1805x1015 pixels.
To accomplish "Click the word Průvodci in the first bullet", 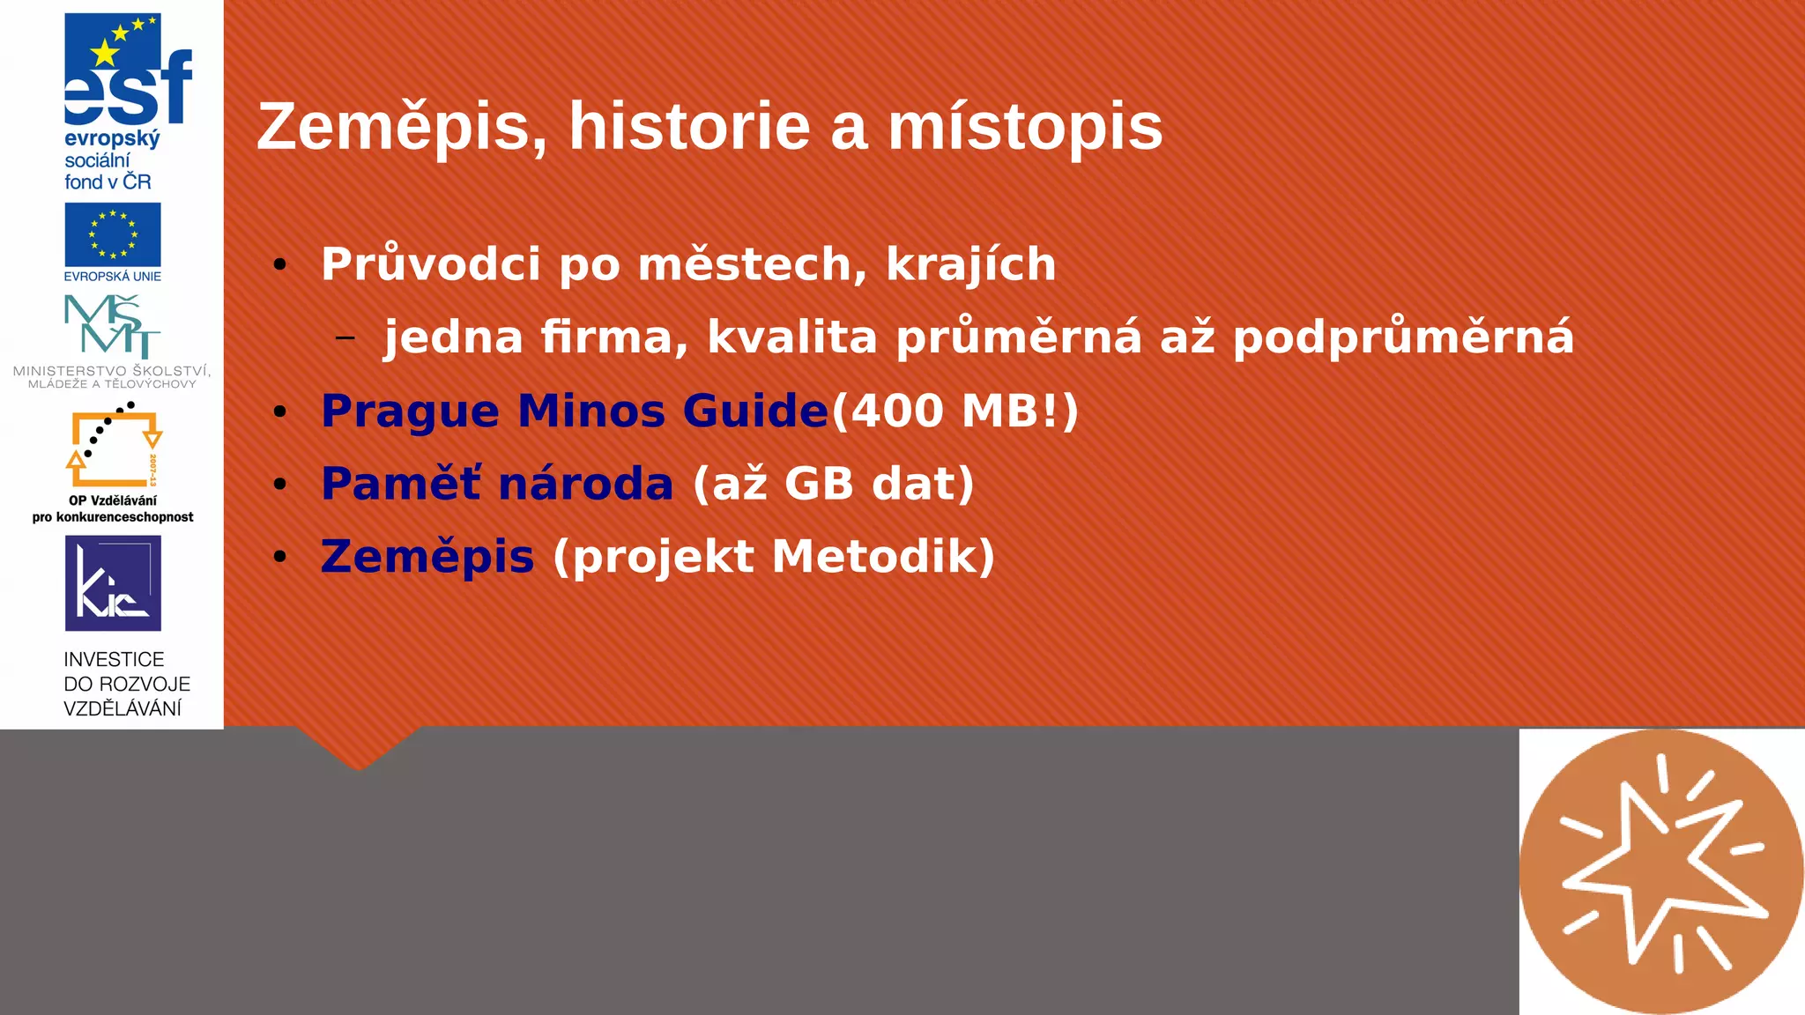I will (x=430, y=264).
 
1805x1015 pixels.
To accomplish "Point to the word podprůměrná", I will (x=1403, y=337).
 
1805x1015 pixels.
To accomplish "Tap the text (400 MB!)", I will (x=955, y=411).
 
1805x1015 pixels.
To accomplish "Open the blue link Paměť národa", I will (x=497, y=485).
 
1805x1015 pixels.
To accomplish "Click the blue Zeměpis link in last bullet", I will (x=427, y=558).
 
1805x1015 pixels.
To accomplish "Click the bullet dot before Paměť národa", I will (x=280, y=484).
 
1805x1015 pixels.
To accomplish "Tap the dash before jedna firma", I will (x=345, y=337).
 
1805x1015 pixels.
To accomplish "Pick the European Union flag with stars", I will (x=113, y=234).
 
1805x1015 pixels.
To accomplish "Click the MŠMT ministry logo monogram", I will (x=113, y=326).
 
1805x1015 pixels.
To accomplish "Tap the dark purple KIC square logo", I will (x=113, y=582).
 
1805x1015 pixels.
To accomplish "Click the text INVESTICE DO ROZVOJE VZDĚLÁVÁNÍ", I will (x=126, y=684).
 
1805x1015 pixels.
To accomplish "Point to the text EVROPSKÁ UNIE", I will (x=113, y=277).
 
